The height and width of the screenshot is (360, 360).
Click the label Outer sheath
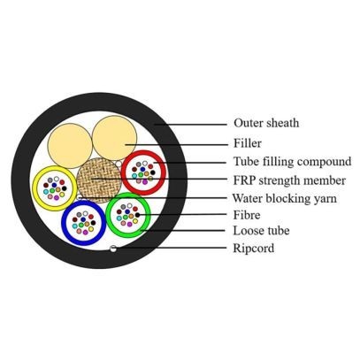(266, 123)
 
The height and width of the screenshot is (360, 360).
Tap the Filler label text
(248, 143)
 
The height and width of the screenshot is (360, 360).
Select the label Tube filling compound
(293, 162)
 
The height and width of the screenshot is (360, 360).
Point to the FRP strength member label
(289, 180)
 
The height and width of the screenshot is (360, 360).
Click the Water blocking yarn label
(285, 198)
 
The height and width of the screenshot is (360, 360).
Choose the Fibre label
(247, 215)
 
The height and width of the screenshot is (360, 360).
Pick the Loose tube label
(261, 231)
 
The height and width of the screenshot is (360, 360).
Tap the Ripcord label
(254, 249)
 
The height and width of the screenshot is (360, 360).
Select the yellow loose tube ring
(34, 188)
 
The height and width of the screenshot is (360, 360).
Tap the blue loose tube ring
(64, 223)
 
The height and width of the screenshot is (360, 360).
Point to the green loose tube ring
(108, 215)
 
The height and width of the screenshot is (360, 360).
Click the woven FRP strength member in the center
(99, 180)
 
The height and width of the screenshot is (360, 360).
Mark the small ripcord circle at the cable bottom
(112, 249)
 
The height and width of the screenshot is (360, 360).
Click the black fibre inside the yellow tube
(65, 188)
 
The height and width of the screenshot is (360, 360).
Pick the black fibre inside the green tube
(137, 215)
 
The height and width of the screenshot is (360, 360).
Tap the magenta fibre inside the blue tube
(86, 233)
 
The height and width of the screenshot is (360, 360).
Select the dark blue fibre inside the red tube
(142, 169)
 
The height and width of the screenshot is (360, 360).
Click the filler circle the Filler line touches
(114, 138)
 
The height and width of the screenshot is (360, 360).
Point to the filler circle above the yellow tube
(70, 146)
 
